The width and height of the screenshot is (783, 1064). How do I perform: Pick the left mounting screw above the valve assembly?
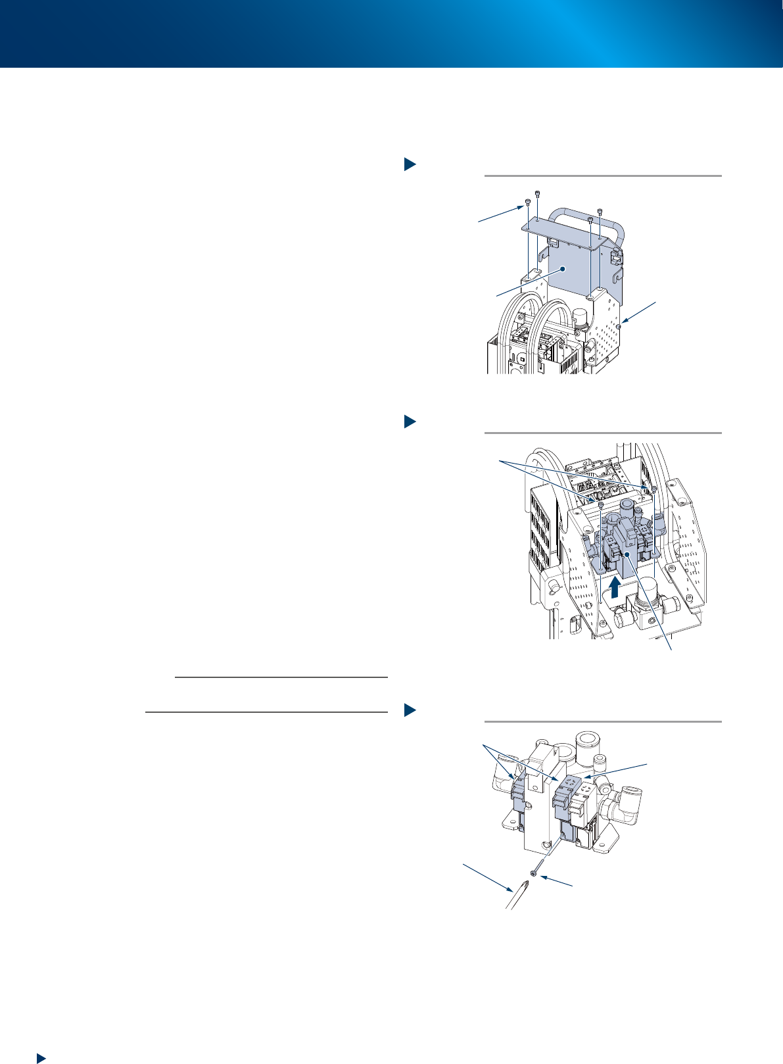pos(600,504)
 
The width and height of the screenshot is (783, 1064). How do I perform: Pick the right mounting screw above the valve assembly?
pos(654,488)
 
